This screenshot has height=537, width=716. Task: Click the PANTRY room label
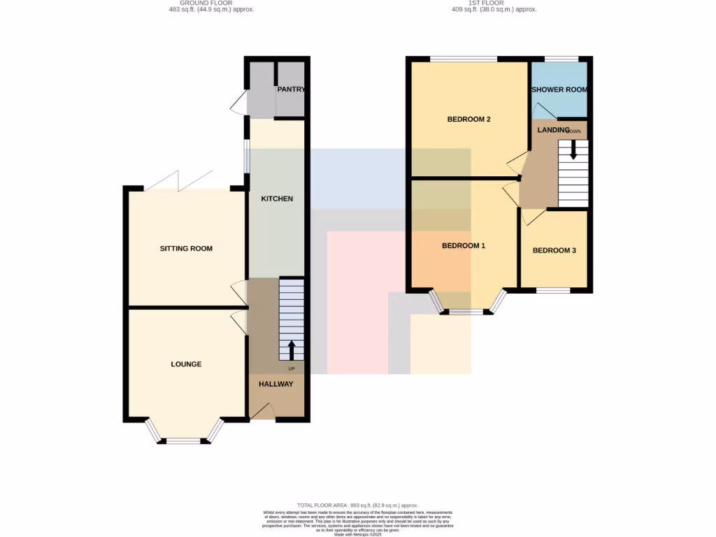tap(291, 89)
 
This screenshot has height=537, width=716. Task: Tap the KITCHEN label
tap(277, 199)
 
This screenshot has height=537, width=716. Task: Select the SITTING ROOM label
tap(186, 248)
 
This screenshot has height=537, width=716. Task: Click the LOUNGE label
tap(186, 364)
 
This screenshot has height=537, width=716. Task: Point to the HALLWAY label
tap(276, 384)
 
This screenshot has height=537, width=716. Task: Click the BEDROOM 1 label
tap(464, 245)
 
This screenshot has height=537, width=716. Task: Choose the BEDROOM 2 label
tap(468, 119)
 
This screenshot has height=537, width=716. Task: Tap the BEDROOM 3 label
tap(554, 250)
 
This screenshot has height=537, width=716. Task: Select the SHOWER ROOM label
tap(559, 89)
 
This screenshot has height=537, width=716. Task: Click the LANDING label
tap(554, 129)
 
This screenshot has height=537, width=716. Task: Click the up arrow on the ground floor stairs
tap(291, 349)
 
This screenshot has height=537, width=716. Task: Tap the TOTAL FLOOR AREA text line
tap(357, 505)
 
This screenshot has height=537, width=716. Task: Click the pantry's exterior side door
tap(238, 103)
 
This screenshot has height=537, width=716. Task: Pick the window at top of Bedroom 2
tap(463, 59)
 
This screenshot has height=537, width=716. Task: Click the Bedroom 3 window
tap(552, 289)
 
